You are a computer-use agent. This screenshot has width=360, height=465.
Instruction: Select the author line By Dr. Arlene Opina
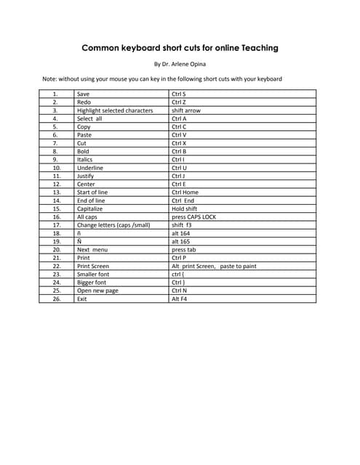pos(180,65)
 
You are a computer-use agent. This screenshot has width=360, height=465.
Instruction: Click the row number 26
pos(55,299)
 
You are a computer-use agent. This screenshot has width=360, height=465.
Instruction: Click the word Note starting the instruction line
pos(49,78)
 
